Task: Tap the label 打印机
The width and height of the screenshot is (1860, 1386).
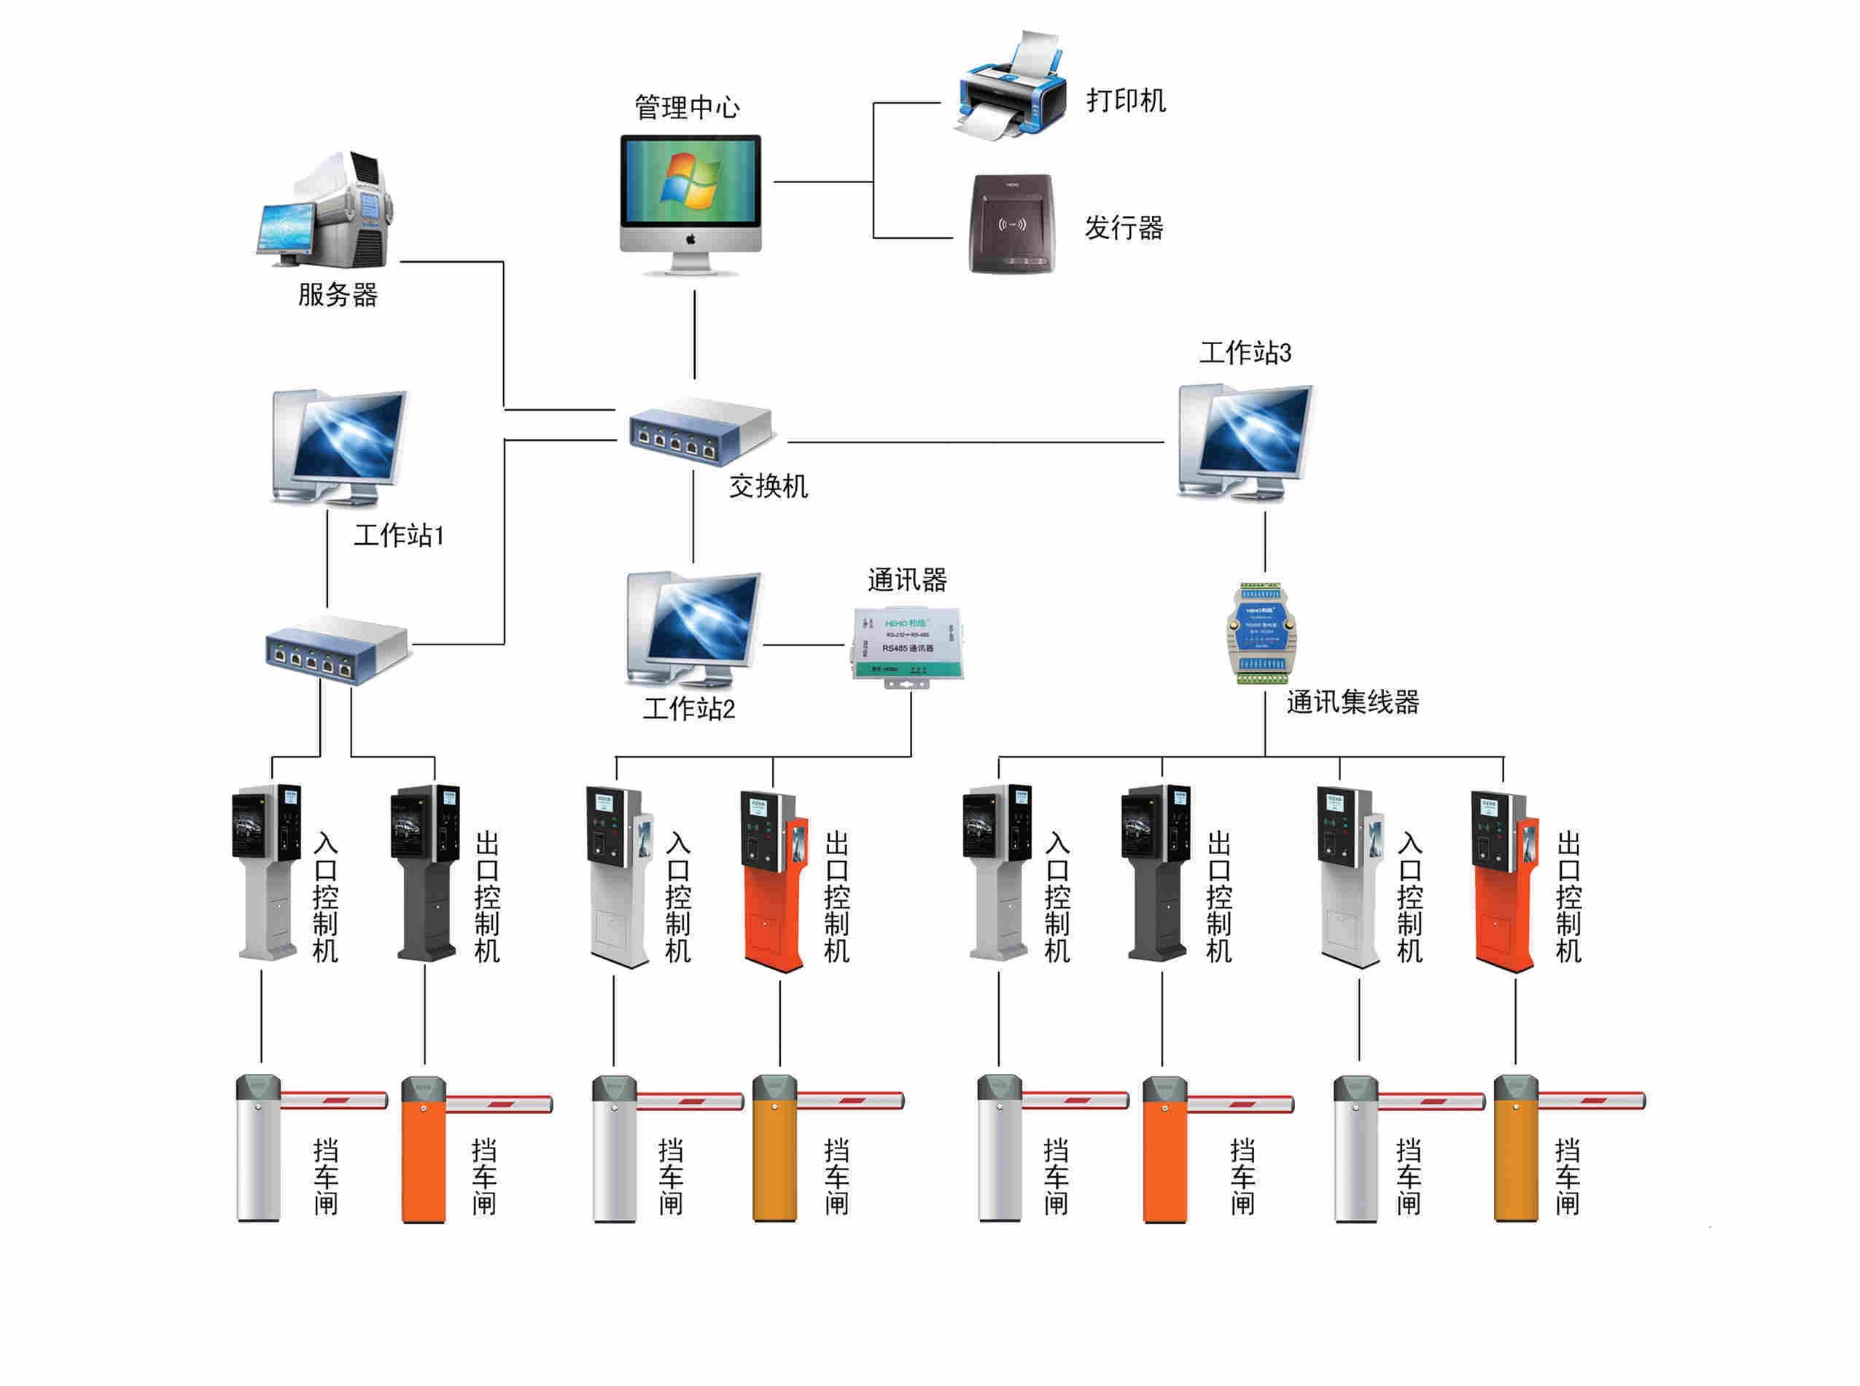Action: [x=1125, y=101]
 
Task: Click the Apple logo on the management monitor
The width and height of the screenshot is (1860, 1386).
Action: [x=690, y=240]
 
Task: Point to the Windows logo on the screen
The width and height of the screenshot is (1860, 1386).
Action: [x=690, y=180]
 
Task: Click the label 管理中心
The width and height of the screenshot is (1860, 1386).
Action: [x=686, y=107]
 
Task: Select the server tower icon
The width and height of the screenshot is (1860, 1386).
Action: [x=327, y=210]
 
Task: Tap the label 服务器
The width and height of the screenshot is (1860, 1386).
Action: [x=338, y=295]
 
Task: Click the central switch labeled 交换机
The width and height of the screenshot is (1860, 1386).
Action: [x=701, y=430]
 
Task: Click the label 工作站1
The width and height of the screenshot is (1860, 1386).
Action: [x=399, y=535]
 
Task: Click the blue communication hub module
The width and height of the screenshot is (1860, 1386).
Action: [x=1264, y=631]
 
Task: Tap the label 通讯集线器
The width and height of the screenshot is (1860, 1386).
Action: [x=1353, y=702]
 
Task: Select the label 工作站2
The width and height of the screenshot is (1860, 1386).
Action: [x=688, y=709]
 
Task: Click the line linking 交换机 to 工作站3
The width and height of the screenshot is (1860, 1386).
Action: [x=973, y=442]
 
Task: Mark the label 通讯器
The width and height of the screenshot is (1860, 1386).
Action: [x=906, y=580]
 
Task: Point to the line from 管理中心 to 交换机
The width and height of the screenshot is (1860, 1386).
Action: [x=695, y=335]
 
